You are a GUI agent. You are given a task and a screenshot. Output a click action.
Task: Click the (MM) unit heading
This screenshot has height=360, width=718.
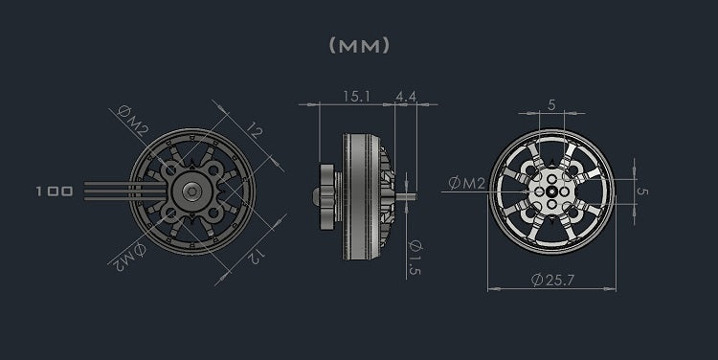[359, 45]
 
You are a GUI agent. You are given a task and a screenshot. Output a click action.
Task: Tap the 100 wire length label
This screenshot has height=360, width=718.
[54, 191]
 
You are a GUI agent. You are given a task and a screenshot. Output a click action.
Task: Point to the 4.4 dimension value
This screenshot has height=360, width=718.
[404, 95]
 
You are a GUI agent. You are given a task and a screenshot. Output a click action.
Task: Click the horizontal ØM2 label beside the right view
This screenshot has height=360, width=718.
[467, 182]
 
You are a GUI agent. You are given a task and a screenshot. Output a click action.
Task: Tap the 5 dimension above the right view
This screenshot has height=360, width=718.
[551, 105]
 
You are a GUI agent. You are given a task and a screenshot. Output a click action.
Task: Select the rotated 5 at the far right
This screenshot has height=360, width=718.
[643, 191]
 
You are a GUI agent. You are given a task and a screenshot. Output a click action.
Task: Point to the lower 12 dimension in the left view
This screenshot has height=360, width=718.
[256, 255]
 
